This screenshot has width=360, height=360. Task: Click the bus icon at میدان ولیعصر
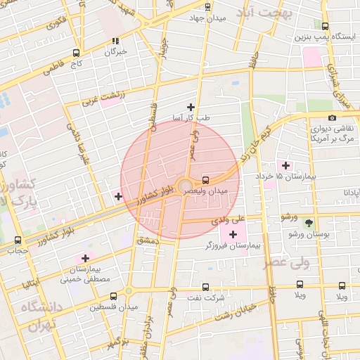[205, 179]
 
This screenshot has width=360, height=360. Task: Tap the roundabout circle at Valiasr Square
[184, 187]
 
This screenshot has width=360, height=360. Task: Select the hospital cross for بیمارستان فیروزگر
[233, 233]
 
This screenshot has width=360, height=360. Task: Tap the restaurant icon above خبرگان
[115, 41]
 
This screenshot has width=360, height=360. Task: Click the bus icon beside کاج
[76, 52]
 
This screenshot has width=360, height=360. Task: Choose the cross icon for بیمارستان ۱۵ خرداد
[285, 165]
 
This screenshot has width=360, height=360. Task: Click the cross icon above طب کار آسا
[191, 107]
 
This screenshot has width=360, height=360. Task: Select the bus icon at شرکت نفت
[205, 286]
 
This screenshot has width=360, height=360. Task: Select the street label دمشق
[148, 241]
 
